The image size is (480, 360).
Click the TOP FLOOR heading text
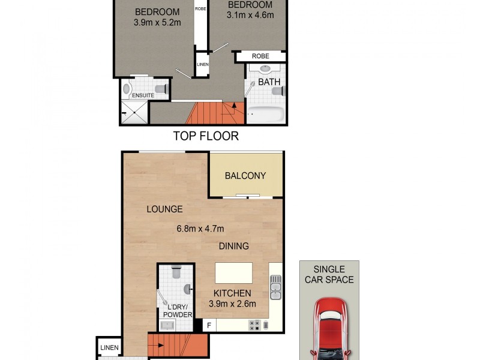pos(206,136)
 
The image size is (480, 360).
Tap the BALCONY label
pos(245,176)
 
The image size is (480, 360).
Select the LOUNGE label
pos(164,209)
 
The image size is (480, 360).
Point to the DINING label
pos(233,246)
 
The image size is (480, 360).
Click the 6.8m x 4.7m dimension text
pos(200,228)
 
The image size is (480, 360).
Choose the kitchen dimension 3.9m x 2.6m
pos(232,304)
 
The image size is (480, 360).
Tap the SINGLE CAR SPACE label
pos(329,274)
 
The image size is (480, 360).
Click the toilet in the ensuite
pos(161,89)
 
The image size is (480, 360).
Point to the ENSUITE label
pos(143,95)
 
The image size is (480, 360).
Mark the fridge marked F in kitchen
pos(209,326)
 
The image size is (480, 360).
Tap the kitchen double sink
pos(275,287)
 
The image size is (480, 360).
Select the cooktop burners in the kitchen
pos(254,325)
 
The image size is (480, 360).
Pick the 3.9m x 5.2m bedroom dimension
pos(157,23)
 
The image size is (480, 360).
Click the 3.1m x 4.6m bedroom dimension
pos(250,15)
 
